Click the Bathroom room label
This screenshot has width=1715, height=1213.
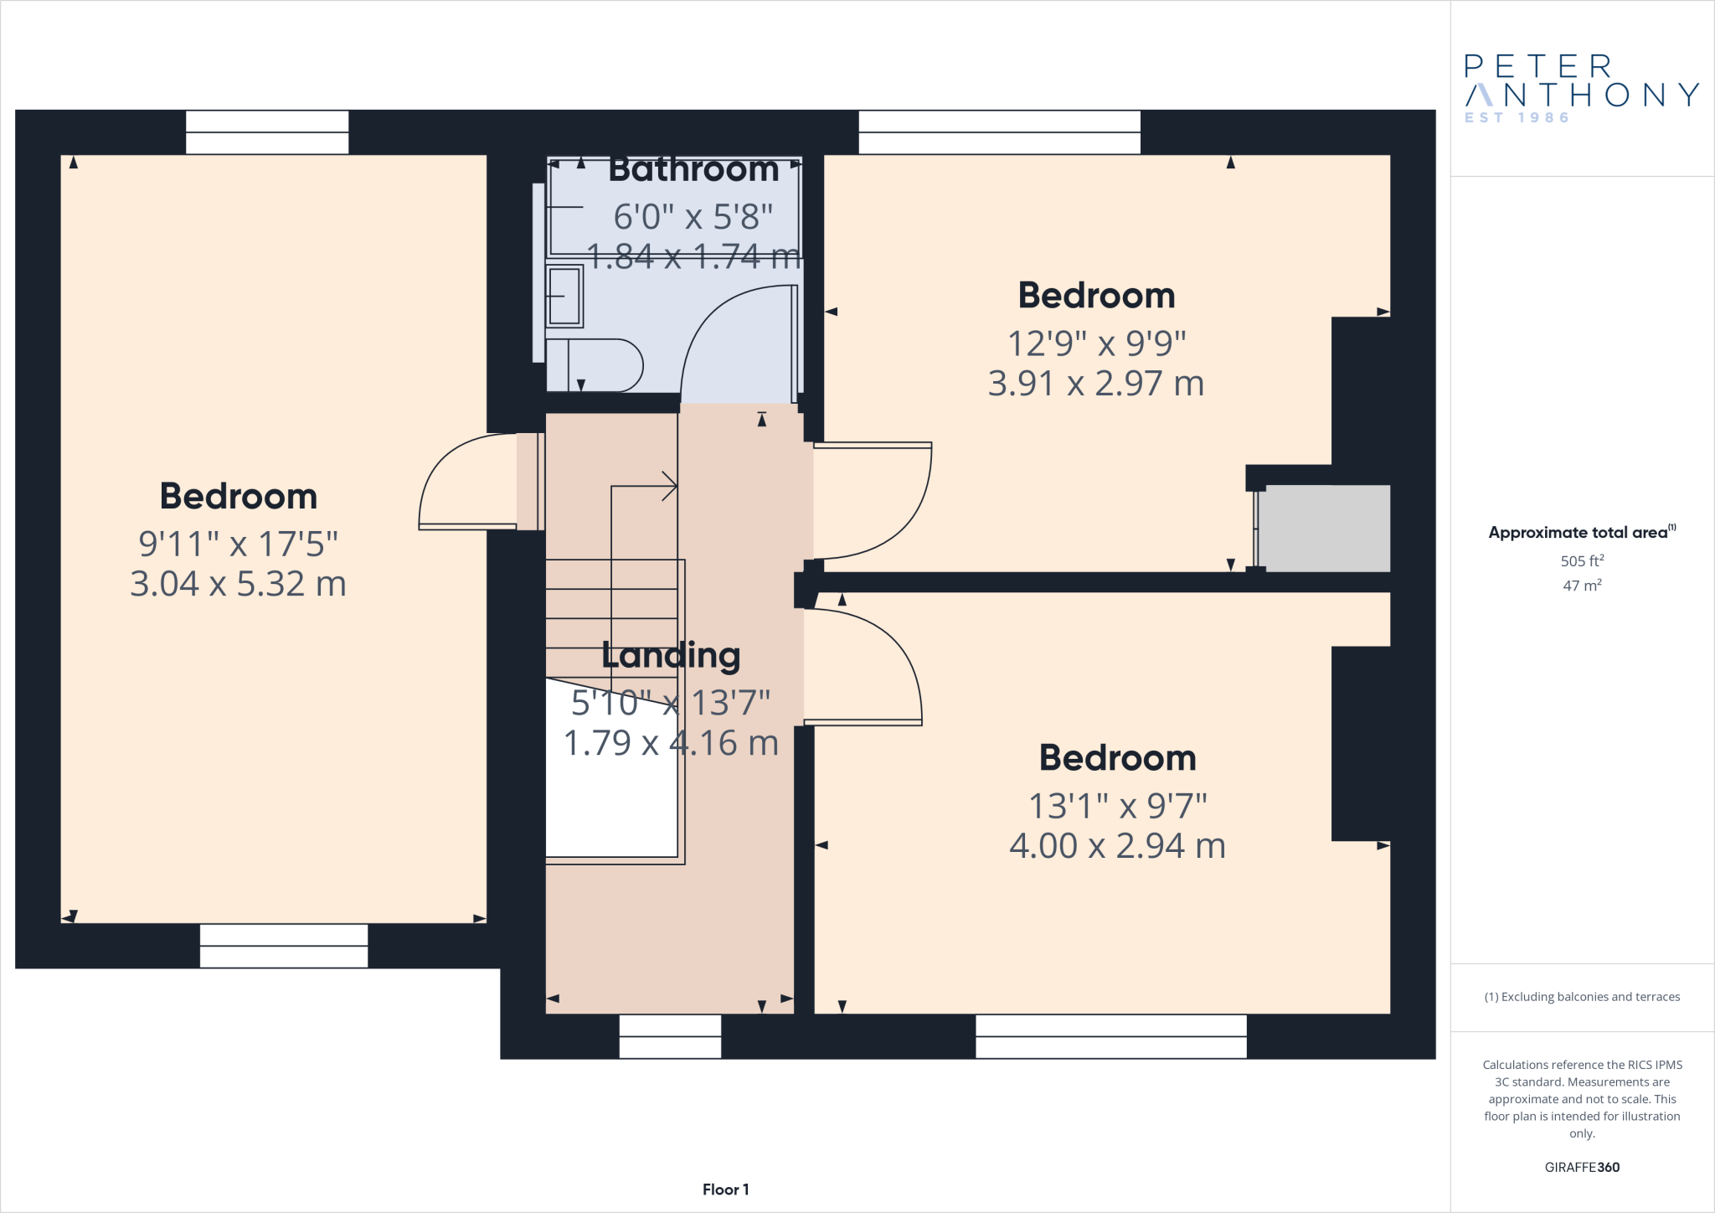pos(693,169)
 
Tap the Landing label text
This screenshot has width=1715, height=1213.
pos(671,656)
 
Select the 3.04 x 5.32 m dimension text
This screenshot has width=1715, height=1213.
pos(239,584)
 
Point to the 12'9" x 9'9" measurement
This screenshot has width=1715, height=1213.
pos(1096,343)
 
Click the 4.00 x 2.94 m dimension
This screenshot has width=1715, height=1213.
pos(1117,846)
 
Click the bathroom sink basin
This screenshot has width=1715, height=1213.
pos(564,296)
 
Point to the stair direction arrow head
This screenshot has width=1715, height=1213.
pos(670,486)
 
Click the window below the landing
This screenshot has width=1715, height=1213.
pos(670,1036)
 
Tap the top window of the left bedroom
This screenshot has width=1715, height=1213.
pos(267,132)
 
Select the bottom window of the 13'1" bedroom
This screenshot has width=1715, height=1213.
pos(1111,1036)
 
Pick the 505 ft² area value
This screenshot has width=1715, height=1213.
pos(1582,561)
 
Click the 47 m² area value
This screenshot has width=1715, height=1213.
pos(1582,586)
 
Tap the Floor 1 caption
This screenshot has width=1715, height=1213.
pos(726,1190)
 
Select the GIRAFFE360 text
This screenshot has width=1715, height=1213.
pos(1582,1167)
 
